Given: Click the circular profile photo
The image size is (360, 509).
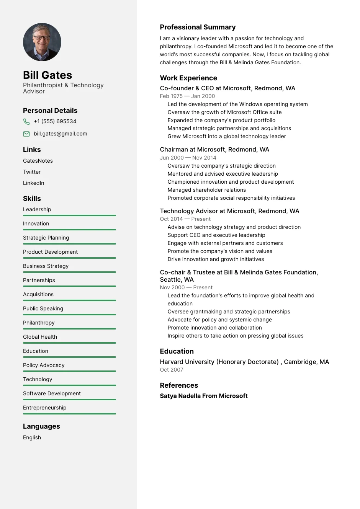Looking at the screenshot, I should (42, 42).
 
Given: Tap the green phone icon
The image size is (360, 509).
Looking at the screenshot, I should (26, 122).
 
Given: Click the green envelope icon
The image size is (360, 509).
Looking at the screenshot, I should (26, 134).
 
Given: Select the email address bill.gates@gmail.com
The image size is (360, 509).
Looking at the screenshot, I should (61, 134).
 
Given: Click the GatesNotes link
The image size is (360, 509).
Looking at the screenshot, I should (38, 161).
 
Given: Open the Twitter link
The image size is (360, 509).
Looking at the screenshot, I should (32, 172).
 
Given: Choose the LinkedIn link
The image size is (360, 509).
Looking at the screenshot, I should (34, 183).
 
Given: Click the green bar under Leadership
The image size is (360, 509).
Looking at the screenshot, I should (69, 215).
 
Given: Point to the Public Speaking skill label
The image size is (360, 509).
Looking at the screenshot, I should (43, 308).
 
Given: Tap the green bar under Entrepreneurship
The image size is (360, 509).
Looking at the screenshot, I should (69, 414).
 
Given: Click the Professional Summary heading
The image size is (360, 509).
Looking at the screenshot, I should (198, 27).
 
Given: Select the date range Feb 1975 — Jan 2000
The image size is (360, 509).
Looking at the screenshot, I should (187, 96).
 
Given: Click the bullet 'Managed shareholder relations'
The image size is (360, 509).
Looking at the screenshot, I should (207, 190).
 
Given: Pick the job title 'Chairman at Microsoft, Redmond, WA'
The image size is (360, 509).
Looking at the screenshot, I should (214, 149).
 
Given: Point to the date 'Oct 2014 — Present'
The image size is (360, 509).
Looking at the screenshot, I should (185, 219).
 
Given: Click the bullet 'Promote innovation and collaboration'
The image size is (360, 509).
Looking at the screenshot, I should (214, 328).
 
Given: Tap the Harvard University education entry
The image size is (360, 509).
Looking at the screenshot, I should (244, 362).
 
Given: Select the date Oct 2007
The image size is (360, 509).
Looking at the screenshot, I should (172, 370).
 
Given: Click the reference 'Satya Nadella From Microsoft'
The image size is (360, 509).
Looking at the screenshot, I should (204, 396).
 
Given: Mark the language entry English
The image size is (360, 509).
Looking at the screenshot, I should (32, 437).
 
